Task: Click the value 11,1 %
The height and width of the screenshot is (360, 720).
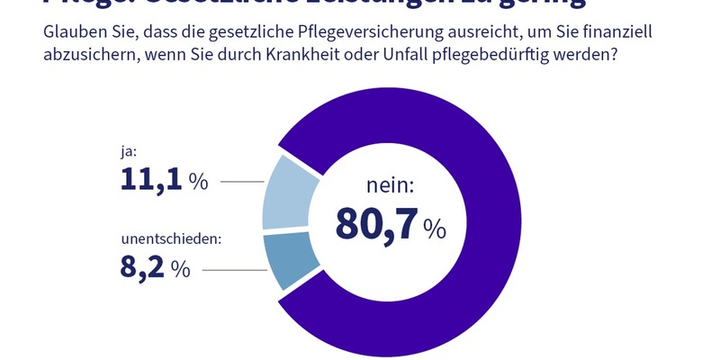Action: pos(164,181)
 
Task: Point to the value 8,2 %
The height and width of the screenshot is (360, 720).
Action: pos(155,267)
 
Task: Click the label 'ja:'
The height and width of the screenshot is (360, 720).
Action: pos(130,153)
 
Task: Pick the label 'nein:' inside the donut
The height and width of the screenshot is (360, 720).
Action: pos(390,186)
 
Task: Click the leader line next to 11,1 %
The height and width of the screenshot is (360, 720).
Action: pos(241,182)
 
